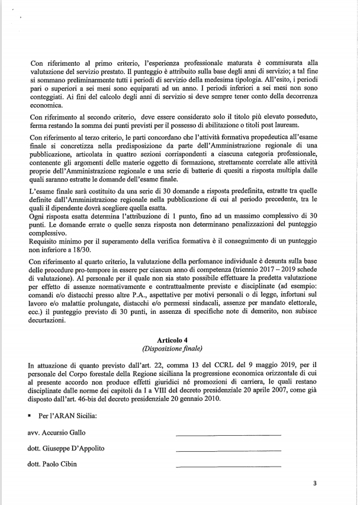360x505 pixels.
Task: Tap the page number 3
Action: click(315, 483)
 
